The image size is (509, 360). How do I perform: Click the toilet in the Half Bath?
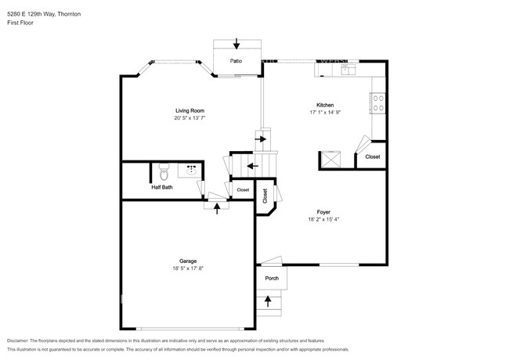click(163, 170)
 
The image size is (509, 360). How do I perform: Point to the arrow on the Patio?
click(237, 45)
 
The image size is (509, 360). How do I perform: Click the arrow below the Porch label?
click(269, 299)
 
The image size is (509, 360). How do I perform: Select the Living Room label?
click(190, 110)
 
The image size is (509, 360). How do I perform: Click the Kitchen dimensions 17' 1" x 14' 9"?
click(325, 113)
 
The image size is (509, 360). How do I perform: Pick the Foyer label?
click(323, 212)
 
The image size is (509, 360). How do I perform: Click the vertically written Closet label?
click(265, 196)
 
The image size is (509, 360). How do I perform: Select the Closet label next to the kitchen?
click(373, 157)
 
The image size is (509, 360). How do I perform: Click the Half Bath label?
click(162, 187)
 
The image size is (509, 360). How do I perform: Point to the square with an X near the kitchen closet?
click(329, 160)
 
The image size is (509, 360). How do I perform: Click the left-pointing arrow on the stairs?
click(251, 166)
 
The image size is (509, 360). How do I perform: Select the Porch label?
click(272, 278)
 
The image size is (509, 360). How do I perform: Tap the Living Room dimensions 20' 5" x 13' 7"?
click(190, 119)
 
